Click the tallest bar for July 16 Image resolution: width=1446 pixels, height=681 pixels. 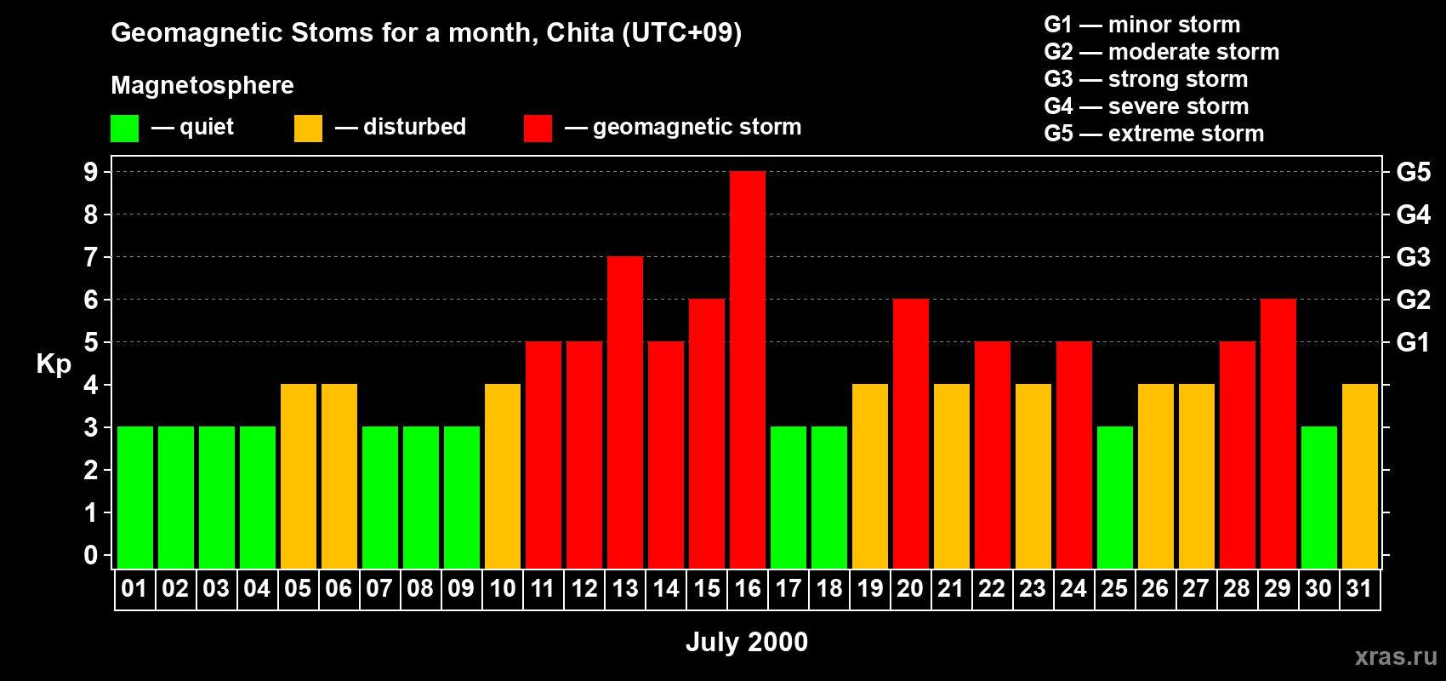point(748,370)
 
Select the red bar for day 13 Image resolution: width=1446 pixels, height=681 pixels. point(625,413)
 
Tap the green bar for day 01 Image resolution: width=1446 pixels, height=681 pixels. point(135,498)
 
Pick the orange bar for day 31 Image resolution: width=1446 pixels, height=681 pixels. point(1360,477)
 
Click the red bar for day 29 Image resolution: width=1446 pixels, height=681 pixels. point(1278,434)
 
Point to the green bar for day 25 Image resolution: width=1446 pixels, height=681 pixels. point(1115,498)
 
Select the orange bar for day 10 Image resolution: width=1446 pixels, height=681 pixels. point(503,477)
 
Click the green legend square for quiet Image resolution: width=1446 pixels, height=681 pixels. point(124,129)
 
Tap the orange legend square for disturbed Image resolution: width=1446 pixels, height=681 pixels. point(308,129)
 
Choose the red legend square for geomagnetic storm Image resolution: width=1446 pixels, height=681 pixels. point(538,129)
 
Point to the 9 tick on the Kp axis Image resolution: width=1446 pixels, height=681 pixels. point(91,172)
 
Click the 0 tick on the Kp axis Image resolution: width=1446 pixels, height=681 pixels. point(91,555)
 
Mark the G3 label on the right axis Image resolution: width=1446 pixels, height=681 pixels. point(1413,257)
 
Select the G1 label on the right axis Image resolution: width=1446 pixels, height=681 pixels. point(1413,342)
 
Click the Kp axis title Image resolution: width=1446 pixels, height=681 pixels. point(54,364)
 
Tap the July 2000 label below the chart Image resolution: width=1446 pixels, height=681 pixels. point(747,642)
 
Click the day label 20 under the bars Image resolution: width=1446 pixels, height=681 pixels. point(910,589)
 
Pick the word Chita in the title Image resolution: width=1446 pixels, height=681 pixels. point(579,32)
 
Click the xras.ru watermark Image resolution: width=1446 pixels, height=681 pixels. point(1396,655)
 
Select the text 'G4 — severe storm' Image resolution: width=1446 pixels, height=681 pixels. point(1146,106)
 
